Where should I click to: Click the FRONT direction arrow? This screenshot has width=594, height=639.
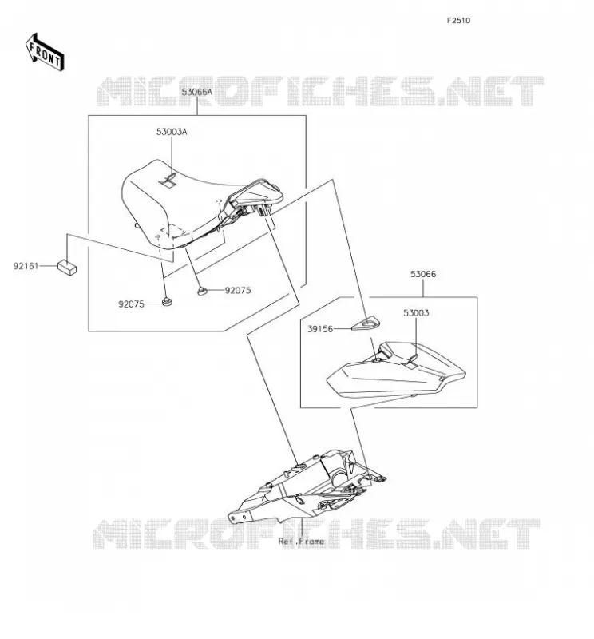click(x=45, y=52)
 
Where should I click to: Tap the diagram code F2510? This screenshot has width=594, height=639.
click(x=458, y=21)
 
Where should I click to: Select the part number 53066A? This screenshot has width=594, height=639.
click(x=196, y=92)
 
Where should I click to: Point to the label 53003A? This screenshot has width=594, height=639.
click(x=172, y=132)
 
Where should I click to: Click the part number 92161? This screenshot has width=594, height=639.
click(x=26, y=266)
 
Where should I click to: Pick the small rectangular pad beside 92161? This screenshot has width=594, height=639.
click(x=67, y=268)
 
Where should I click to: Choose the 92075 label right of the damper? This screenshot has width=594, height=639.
click(x=238, y=290)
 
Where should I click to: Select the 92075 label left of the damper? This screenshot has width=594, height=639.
click(x=131, y=304)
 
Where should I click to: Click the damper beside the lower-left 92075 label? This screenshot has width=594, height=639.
click(x=167, y=302)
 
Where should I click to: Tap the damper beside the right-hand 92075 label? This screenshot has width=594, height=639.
click(x=202, y=290)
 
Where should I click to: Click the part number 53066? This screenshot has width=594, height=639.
click(x=423, y=274)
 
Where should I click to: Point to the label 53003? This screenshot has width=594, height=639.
click(x=416, y=313)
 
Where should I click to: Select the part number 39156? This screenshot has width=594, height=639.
click(x=320, y=329)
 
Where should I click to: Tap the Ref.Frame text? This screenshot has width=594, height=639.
click(x=301, y=542)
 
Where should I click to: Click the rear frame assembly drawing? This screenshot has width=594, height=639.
click(x=307, y=487)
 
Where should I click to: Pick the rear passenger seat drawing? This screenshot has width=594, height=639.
click(x=396, y=370)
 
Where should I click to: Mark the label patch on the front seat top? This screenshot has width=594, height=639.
click(x=169, y=181)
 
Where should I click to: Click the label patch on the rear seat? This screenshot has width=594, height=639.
click(x=412, y=360)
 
